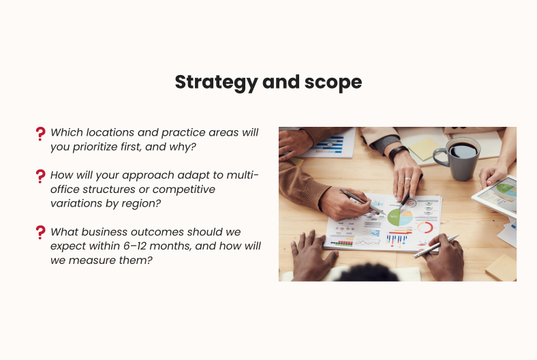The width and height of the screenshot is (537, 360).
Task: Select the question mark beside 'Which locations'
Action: pyautogui.click(x=40, y=134)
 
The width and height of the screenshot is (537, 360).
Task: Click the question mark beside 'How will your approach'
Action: pyautogui.click(x=40, y=176)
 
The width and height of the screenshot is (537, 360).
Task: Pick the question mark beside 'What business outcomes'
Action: pyautogui.click(x=40, y=232)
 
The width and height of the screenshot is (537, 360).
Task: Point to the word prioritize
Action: pyautogui.click(x=99, y=146)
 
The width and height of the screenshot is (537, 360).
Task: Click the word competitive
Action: pyautogui.click(x=179, y=189)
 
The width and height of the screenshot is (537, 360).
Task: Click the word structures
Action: pyautogui.click(x=110, y=189)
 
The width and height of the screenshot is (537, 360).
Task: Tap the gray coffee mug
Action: pyautogui.click(x=461, y=157)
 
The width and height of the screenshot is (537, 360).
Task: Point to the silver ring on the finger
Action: pyautogui.click(x=408, y=180)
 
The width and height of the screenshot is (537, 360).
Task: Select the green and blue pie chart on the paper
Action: pyautogui.click(x=400, y=218)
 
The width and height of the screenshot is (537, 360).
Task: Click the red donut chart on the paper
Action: pyautogui.click(x=425, y=227)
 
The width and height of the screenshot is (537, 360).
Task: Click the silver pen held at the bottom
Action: pyautogui.click(x=436, y=245)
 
